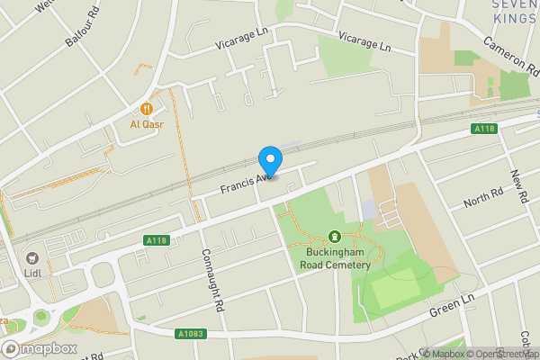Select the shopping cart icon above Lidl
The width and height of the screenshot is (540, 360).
34,258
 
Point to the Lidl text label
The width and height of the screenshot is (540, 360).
34,274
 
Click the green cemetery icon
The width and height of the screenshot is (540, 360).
335,238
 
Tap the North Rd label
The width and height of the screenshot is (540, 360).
482,197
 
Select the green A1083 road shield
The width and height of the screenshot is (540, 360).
192,334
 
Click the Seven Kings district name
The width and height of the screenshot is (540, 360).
516,13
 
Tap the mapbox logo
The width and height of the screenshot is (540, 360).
37,349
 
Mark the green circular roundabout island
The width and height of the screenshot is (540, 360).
39,318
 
